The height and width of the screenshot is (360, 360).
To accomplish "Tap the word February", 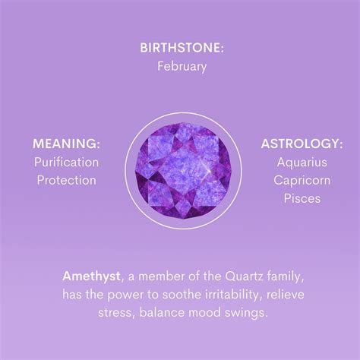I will [182, 66].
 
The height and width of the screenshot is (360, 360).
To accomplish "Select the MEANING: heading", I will [67, 143].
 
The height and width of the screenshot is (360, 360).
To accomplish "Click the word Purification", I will [66, 162].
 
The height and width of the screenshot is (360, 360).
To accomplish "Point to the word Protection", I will [65, 180].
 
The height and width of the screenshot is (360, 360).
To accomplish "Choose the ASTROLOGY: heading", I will [302, 143].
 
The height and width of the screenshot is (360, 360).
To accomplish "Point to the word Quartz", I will [238, 275].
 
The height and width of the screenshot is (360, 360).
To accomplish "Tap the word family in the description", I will [282, 275].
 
